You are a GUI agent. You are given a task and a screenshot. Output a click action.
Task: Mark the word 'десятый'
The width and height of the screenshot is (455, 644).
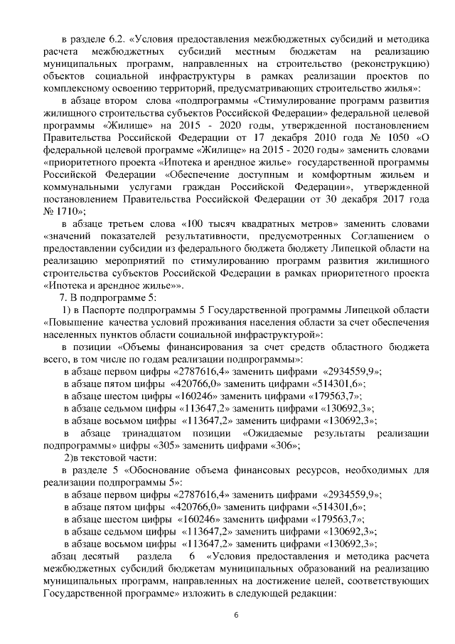(109, 556)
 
